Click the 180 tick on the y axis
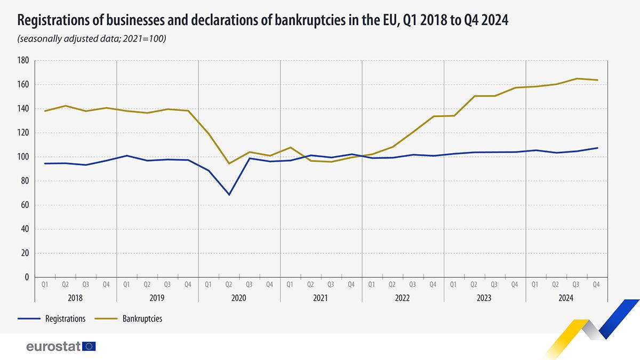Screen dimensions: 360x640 (x=23, y=61)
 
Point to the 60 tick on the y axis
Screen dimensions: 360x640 (x=25, y=205)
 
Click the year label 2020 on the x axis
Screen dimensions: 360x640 (x=239, y=299)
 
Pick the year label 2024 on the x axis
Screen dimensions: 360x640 (x=566, y=299)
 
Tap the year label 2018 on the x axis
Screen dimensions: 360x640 (x=75, y=299)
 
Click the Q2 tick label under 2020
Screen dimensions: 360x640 (x=229, y=285)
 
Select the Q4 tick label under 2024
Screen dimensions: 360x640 (x=597, y=285)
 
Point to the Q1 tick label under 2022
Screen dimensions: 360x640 (x=372, y=285)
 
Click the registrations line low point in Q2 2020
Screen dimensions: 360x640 (x=229, y=195)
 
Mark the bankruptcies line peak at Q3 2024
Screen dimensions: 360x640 (x=577, y=78)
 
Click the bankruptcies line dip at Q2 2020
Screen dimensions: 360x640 (x=229, y=163)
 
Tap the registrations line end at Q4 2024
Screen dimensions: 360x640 (x=597, y=148)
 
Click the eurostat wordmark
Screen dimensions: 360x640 (x=53, y=347)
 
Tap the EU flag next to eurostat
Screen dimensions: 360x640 (x=89, y=347)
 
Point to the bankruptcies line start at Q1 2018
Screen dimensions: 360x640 (x=45, y=111)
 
